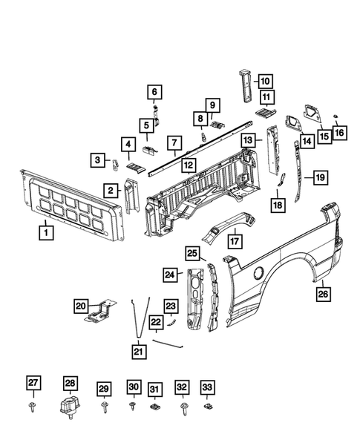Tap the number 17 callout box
tap(235, 240)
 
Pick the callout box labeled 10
tap(265, 82)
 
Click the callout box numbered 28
tap(70, 384)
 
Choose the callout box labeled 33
tap(208, 387)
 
